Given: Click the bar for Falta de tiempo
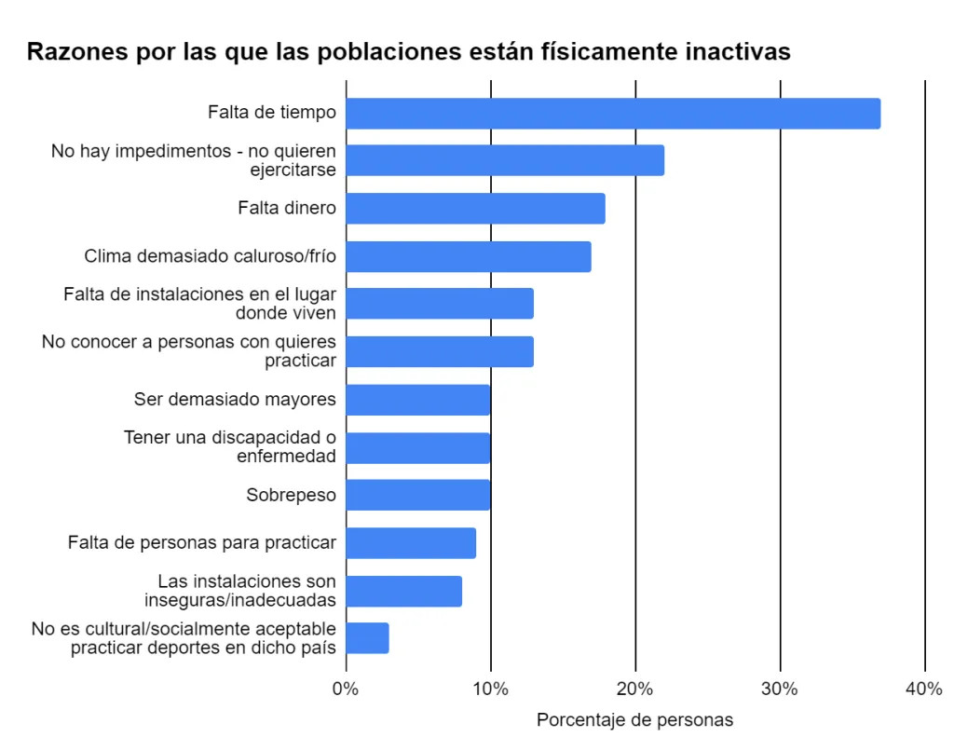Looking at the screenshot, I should point(613,114).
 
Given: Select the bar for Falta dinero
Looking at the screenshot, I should point(475,209).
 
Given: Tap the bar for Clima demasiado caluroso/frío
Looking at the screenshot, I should point(469,256).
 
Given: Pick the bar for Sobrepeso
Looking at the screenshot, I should point(418,495).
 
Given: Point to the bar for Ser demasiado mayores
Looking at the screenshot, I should point(418,400).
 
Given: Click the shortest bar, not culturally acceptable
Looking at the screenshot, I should point(368,638).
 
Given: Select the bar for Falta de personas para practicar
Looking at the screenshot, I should point(411,543).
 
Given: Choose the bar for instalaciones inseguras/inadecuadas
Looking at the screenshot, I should point(404,591).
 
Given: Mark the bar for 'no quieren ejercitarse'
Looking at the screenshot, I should point(505,160).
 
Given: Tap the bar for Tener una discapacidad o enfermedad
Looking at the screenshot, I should point(418,447).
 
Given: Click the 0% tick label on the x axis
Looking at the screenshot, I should point(346,690).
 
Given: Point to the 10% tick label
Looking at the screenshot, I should point(490,690).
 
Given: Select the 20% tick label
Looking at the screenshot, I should point(635,690).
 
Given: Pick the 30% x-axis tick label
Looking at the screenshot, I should point(780,690).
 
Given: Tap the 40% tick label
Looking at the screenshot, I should point(924,690).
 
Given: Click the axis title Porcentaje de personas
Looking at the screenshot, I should point(634,720).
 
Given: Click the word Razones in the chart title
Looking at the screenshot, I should point(71,52).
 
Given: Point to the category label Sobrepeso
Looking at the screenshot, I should point(291,495).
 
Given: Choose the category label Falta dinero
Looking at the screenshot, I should point(287,208).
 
